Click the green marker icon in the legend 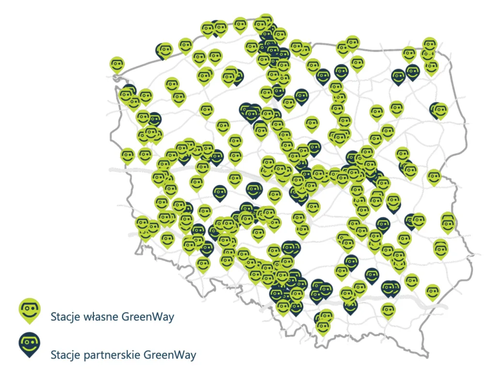(30, 309)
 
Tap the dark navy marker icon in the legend (30, 343)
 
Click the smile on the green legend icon (30, 313)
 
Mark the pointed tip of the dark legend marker (30, 357)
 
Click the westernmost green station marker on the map (117, 64)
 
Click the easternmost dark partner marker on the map (436, 110)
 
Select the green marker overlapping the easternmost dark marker (441, 111)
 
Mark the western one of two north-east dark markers (398, 76)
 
